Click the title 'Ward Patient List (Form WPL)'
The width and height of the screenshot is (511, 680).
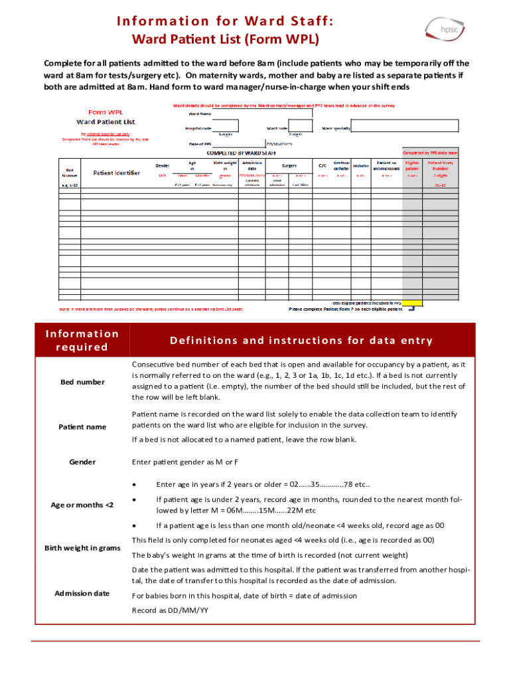tap(225, 40)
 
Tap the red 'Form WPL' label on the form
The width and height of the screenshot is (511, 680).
tap(106, 112)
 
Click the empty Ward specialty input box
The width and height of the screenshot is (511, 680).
tap(405, 126)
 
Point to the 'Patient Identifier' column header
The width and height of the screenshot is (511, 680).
tap(117, 173)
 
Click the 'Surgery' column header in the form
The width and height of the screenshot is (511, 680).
tap(289, 165)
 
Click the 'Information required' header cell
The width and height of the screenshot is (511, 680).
tap(82, 341)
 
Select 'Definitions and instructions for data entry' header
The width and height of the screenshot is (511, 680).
tap(301, 341)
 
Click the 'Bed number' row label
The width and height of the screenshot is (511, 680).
tap(82, 382)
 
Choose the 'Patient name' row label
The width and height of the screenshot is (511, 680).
tap(82, 427)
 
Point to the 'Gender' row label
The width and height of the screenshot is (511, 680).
tap(82, 462)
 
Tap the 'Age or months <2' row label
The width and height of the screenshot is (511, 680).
tap(82, 505)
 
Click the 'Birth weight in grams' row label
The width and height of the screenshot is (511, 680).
tap(82, 548)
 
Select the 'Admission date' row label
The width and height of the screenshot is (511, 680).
tap(82, 593)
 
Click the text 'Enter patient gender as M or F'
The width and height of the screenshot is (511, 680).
tap(185, 462)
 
